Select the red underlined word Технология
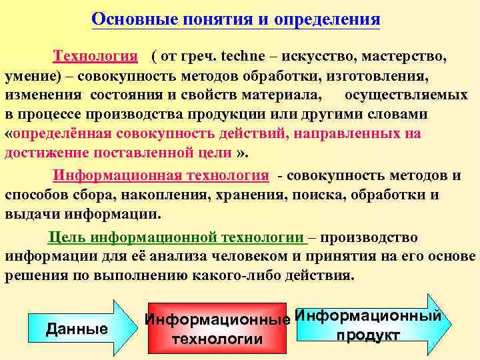[95, 57]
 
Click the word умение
[29, 76]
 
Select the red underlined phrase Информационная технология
[161, 176]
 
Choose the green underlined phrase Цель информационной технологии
[177, 237]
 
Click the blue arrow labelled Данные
[77, 328]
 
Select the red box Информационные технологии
[217, 329]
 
